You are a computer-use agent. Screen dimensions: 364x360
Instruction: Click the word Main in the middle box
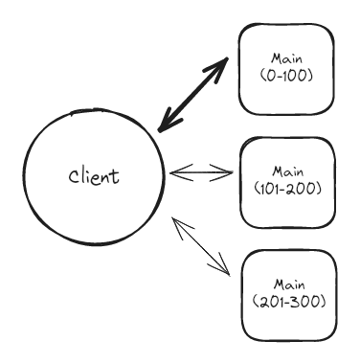[287, 171]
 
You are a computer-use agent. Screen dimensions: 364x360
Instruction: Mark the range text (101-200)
[287, 187]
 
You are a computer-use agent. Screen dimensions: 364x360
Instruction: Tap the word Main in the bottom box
[287, 284]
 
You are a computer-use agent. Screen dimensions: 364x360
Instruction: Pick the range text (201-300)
[287, 301]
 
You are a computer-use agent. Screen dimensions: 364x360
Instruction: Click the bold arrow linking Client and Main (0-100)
[194, 93]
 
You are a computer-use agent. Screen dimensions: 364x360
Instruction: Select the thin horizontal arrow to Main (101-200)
[201, 173]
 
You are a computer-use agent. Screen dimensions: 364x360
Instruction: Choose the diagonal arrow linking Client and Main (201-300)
[202, 246]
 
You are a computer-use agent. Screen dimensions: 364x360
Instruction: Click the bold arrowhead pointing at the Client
[167, 123]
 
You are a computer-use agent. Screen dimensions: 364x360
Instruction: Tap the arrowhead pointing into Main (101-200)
[226, 173]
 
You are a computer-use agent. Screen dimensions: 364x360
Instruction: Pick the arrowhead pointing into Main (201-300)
[226, 269]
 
